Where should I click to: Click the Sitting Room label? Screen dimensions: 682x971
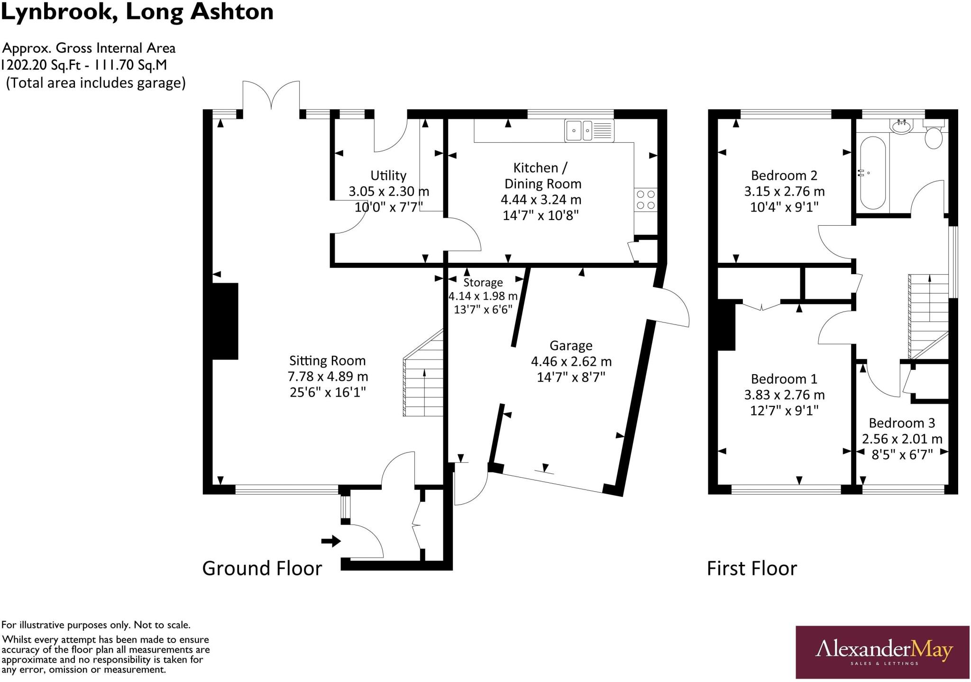pos(327,361)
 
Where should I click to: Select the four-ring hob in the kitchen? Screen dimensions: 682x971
pos(646,200)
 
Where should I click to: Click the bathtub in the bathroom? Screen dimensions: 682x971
pos(872,173)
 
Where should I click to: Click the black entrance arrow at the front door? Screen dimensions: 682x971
pos(331,541)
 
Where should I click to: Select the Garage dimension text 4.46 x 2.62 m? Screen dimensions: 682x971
pos(571,362)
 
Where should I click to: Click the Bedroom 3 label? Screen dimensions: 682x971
pos(902,423)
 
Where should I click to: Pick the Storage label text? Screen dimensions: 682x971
pos(483,283)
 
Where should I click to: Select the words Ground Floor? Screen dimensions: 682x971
pos(262,568)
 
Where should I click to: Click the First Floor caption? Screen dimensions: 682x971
pos(751,568)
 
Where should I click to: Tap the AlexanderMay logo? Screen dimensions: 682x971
pos(882,652)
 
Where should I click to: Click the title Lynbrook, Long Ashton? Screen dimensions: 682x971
pos(137,12)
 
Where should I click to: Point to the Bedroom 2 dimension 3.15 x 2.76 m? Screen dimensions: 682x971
pos(784,192)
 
